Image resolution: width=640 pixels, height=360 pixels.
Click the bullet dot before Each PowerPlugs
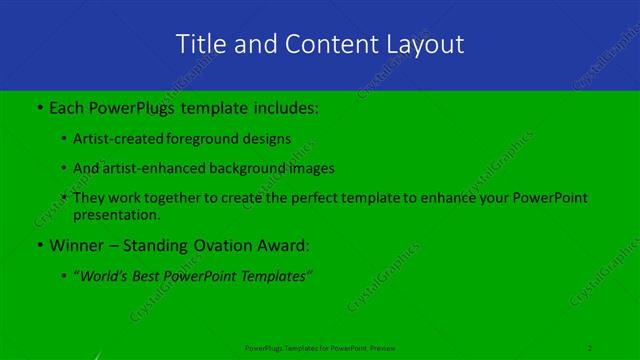[x=38, y=105]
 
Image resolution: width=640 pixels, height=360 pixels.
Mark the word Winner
[x=77, y=245]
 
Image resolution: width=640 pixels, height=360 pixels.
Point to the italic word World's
[x=107, y=276]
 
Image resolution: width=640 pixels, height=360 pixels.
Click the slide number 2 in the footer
[x=590, y=347]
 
